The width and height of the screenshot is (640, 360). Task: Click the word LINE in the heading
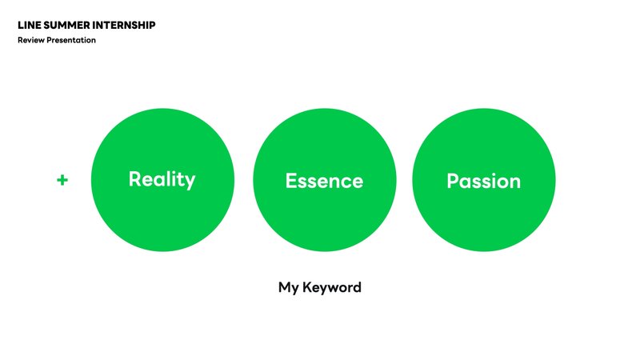click(30, 26)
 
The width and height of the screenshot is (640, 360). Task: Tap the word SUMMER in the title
click(66, 26)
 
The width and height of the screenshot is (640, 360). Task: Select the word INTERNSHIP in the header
click(124, 26)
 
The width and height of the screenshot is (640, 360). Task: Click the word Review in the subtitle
click(31, 40)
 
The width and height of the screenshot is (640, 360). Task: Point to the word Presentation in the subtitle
click(71, 40)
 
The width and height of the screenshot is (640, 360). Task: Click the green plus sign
click(62, 180)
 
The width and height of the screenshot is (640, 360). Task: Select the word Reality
click(162, 180)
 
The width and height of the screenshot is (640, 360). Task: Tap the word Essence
click(324, 181)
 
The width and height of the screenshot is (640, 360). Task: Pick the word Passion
click(484, 181)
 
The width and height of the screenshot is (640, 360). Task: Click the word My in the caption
click(289, 288)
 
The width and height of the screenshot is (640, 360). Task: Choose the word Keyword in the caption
click(332, 287)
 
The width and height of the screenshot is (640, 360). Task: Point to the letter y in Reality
click(190, 182)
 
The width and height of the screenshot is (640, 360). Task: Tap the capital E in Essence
click(290, 181)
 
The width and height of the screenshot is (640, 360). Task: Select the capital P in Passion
click(453, 181)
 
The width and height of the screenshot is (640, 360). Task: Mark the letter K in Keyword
click(308, 287)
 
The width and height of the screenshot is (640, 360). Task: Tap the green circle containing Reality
click(162, 180)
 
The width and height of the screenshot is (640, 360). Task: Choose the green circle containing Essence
click(325, 180)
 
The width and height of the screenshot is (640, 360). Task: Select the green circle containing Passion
click(484, 180)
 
